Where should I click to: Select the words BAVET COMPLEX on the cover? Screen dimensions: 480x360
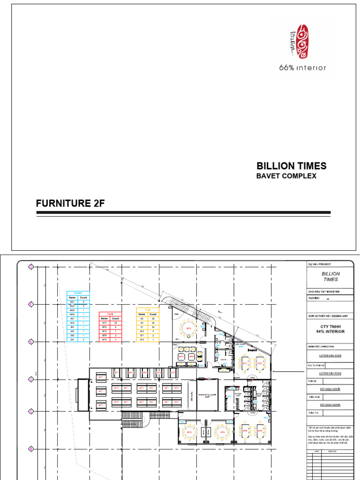click(286, 176)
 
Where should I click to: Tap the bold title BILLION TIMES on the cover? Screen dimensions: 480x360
click(291, 166)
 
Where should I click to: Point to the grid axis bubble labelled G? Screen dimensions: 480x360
click(31, 267)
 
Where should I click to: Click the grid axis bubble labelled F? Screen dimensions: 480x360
click(31, 304)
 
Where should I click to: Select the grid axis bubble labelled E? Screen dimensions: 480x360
click(31, 342)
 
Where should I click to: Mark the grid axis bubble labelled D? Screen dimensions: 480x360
click(31, 379)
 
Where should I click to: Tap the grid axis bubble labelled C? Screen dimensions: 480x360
click(31, 411)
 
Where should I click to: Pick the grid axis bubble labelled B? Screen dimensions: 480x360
click(31, 449)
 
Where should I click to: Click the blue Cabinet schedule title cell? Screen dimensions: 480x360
click(78, 293)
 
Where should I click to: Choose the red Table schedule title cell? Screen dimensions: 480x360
click(110, 314)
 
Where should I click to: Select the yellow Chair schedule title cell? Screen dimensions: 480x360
click(147, 310)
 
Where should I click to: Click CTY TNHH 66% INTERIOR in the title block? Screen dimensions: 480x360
click(330, 329)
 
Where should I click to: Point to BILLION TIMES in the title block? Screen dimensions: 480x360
click(330, 277)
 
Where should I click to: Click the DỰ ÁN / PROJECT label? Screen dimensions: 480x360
click(319, 264)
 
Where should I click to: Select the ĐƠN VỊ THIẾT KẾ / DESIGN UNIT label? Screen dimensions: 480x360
click(327, 316)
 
